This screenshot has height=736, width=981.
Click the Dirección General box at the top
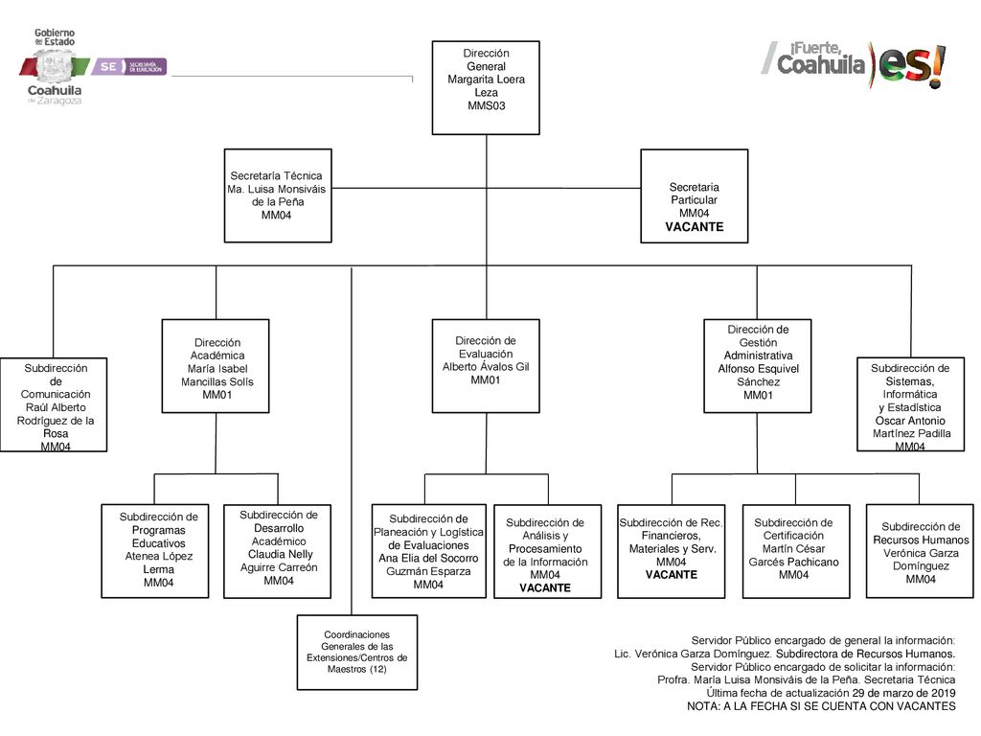pos(486,87)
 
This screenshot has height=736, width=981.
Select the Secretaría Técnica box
pos(278,195)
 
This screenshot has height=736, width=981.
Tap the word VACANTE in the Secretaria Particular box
pos(694,226)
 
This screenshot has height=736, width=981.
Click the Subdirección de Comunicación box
pos(54,404)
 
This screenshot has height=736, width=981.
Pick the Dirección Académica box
pos(216,366)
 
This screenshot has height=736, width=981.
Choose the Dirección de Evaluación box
pos(486,366)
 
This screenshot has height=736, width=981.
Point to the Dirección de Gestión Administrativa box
pos(757,366)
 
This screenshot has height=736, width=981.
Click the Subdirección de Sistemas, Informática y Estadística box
pos(910,404)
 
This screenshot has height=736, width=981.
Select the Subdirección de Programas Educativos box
pos(155,551)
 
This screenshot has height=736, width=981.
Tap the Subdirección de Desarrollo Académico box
pos(277,551)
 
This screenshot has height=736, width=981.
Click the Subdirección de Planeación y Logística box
pos(428,551)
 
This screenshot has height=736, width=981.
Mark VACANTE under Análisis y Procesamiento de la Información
pos(545,587)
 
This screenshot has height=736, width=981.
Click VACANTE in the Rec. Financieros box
pos(672,574)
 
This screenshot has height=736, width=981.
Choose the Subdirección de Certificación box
pos(796,551)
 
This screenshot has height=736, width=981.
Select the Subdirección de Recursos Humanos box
pos(920,551)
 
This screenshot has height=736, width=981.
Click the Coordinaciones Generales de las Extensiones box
pos(356,652)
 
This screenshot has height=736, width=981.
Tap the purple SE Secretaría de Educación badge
pos(129,66)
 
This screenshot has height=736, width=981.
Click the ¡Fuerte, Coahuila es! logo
pos(854,64)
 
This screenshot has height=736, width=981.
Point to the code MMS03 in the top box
pos(486,105)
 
